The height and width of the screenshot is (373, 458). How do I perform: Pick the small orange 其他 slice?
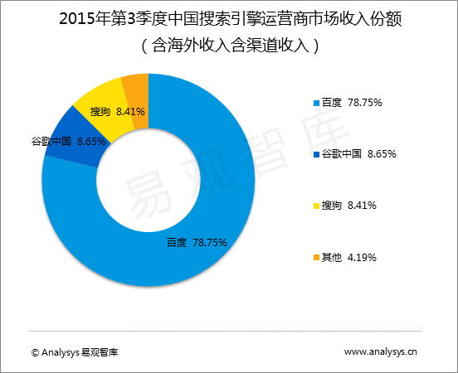pyautogui.click(x=135, y=88)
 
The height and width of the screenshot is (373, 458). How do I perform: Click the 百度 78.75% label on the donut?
pyautogui.click(x=197, y=243)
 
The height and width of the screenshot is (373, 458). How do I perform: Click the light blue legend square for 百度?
pyautogui.click(x=314, y=104)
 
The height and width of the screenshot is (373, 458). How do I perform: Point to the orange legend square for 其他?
pyautogui.click(x=314, y=258)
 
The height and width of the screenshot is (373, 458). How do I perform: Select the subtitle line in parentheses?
pyautogui.click(x=228, y=46)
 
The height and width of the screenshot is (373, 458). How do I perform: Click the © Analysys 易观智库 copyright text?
pyautogui.click(x=75, y=352)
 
